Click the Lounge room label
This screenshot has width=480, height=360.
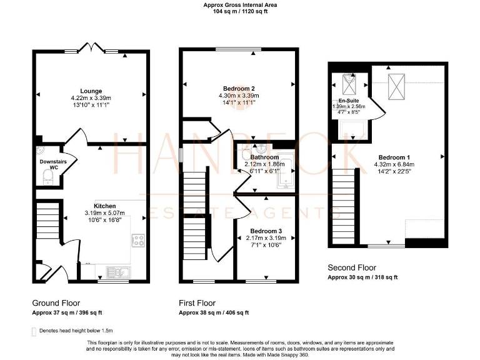click(91, 90)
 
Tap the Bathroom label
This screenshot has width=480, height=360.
click(264, 157)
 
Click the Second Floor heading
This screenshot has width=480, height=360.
click(352, 268)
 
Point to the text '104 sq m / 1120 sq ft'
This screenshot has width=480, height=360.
click(240, 12)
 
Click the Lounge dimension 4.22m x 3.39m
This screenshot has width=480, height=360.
click(91, 97)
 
